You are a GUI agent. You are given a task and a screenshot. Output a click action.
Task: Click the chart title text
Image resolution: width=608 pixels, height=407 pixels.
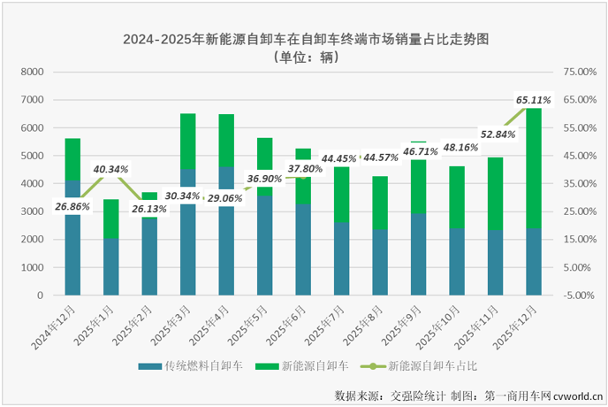click(305, 39)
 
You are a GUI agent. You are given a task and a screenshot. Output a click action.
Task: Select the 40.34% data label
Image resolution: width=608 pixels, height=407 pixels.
click(111, 168)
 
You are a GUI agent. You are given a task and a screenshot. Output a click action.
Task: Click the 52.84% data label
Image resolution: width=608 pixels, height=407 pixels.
click(497, 134)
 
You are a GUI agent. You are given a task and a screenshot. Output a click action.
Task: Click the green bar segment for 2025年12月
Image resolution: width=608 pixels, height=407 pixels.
click(533, 168)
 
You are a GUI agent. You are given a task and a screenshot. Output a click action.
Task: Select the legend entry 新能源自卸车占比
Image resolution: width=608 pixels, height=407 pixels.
click(425, 365)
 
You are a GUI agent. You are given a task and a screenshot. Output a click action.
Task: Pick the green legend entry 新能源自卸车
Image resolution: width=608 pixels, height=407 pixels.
click(305, 365)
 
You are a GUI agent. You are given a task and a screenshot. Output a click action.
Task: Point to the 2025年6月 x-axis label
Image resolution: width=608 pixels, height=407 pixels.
click(291, 320)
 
